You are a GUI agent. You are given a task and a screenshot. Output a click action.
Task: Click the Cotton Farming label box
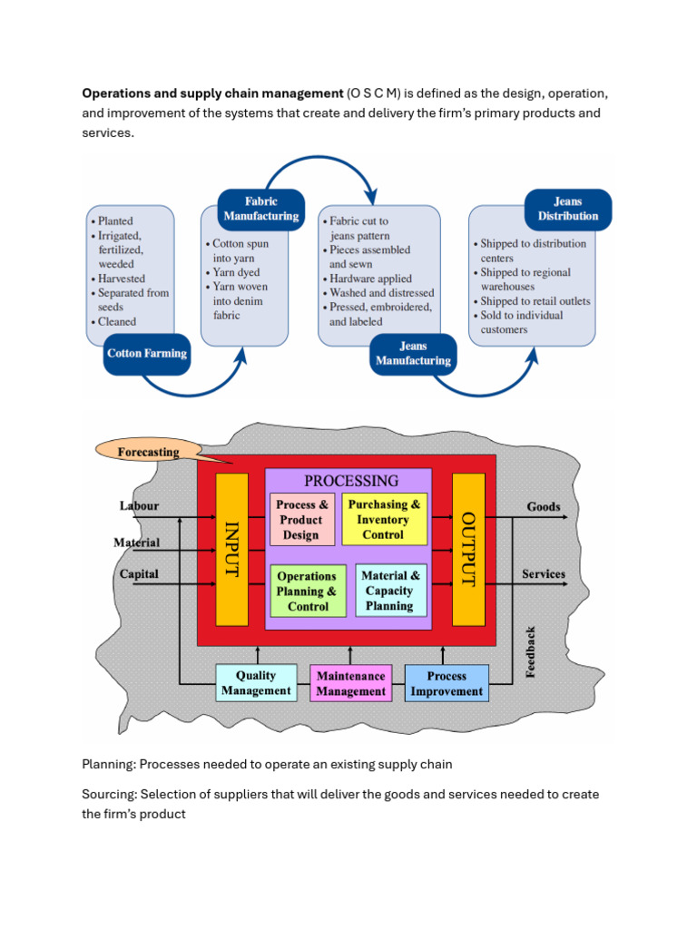(147, 353)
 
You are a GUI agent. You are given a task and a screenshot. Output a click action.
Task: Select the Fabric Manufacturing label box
(260, 209)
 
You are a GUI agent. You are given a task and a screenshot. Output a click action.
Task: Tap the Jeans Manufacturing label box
(413, 353)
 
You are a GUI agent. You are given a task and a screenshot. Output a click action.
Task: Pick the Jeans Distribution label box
(567, 209)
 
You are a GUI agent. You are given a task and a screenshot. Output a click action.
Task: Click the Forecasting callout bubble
(148, 451)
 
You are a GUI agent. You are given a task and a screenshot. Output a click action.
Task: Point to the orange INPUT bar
(231, 549)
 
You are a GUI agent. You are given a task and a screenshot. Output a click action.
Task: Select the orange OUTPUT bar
(468, 549)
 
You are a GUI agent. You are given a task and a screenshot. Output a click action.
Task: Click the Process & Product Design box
(301, 520)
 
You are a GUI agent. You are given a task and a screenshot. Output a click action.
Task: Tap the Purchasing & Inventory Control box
(384, 520)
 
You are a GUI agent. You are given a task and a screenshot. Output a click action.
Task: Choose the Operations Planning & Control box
(308, 591)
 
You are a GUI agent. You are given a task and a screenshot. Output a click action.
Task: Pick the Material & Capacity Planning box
(390, 591)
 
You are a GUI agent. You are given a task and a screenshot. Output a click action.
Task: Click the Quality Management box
(256, 683)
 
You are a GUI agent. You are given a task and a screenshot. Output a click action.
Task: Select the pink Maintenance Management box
(351, 683)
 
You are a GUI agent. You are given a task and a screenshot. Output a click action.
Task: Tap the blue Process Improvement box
(447, 683)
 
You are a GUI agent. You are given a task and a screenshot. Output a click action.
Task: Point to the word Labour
(139, 506)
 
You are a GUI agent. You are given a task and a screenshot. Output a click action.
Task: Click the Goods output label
(544, 507)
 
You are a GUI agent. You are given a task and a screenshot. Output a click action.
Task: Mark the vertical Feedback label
(531, 651)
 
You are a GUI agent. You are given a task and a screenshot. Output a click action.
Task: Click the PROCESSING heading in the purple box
(350, 481)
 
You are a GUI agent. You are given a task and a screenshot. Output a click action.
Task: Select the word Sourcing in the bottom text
(108, 794)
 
